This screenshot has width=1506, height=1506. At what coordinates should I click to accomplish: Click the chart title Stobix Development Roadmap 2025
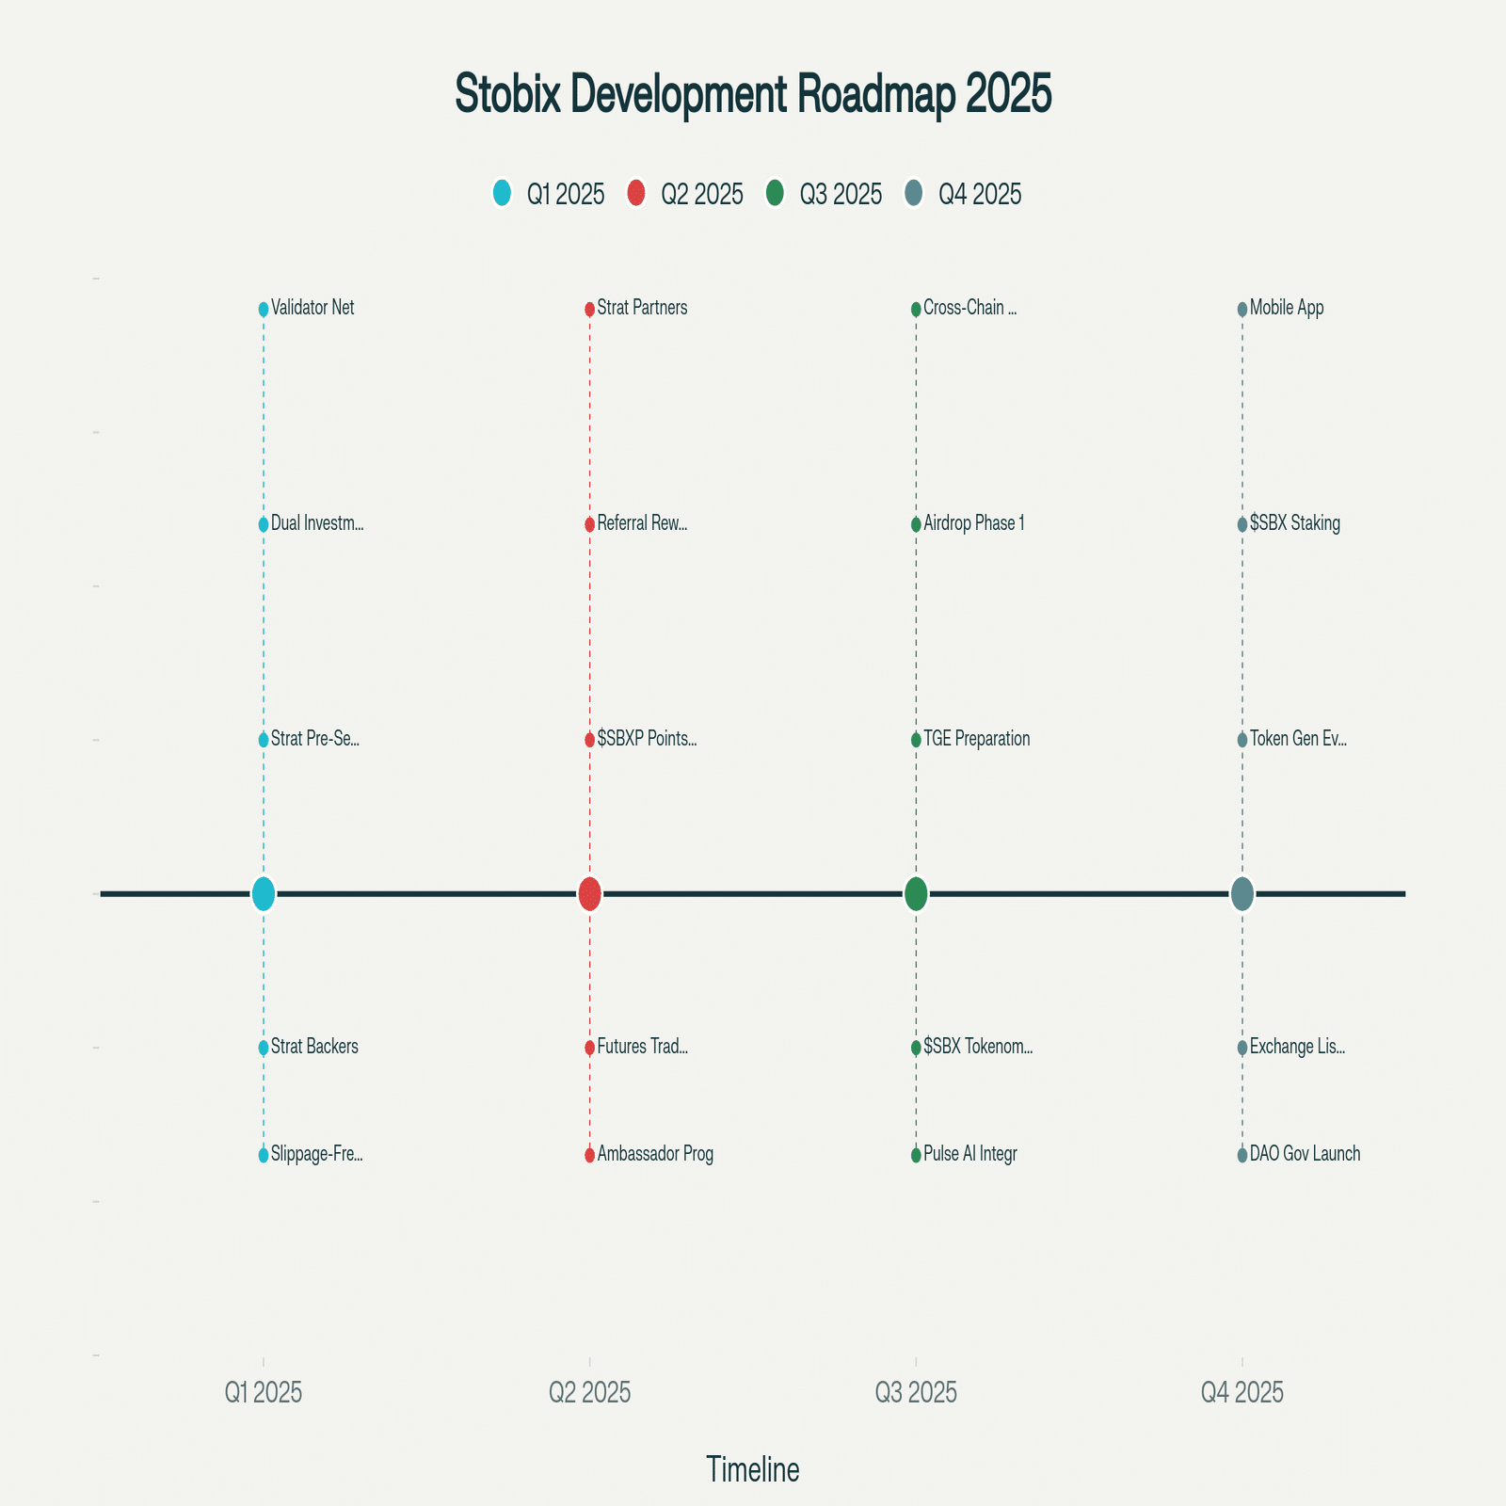pos(753,94)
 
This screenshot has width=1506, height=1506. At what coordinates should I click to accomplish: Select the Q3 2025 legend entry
pos(825,194)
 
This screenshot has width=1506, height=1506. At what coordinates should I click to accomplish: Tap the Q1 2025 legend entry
pos(549,194)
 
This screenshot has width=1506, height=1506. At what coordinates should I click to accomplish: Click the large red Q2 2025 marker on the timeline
pos(589,893)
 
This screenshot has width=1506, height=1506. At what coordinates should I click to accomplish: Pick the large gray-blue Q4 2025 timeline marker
pos(1242,893)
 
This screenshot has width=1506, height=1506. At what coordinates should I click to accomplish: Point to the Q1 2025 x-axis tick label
pos(264,1393)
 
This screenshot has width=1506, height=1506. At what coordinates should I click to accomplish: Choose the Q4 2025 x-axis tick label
pos(1242,1393)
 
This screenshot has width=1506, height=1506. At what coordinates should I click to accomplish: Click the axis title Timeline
pos(753,1469)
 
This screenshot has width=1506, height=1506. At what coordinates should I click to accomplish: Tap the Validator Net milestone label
pos(312,308)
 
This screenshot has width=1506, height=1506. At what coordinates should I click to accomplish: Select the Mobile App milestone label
pos(1287,308)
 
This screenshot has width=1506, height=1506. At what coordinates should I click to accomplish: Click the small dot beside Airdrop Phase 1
pos(916,524)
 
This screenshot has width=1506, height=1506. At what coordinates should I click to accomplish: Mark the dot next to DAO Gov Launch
pos(1242,1155)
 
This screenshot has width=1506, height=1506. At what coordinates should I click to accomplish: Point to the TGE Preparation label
pos(977,739)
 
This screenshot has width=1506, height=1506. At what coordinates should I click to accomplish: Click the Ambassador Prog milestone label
pos(655,1154)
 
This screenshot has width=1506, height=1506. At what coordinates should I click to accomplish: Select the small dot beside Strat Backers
pos(264,1048)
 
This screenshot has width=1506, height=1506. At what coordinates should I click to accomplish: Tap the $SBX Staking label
pos(1295,523)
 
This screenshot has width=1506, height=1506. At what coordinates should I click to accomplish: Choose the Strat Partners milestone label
pos(642,308)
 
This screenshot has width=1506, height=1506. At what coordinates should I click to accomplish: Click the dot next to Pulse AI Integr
pos(916,1155)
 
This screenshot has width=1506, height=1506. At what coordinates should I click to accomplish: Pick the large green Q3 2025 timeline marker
pos(916,893)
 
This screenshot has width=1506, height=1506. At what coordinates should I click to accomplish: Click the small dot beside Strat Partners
pos(589,309)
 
